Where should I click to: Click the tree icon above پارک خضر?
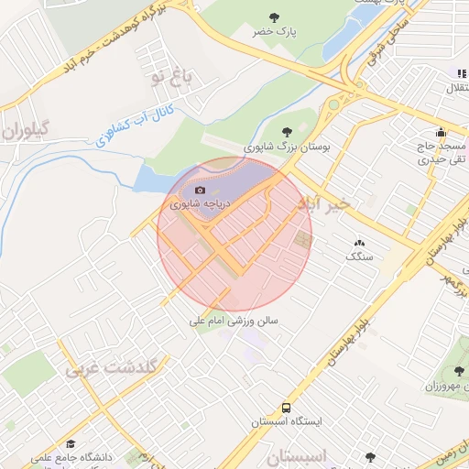point(274,16)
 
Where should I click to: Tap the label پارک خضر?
point(276,32)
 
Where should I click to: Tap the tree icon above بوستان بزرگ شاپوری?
point(288,131)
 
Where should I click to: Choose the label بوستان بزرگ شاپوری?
point(287,147)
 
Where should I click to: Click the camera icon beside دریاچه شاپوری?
point(201,190)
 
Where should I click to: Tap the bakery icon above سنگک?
point(358,243)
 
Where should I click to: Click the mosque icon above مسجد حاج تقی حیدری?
point(442,131)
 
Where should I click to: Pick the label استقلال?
point(455,88)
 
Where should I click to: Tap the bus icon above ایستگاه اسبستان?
point(287,407)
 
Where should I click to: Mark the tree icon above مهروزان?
point(458,371)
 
